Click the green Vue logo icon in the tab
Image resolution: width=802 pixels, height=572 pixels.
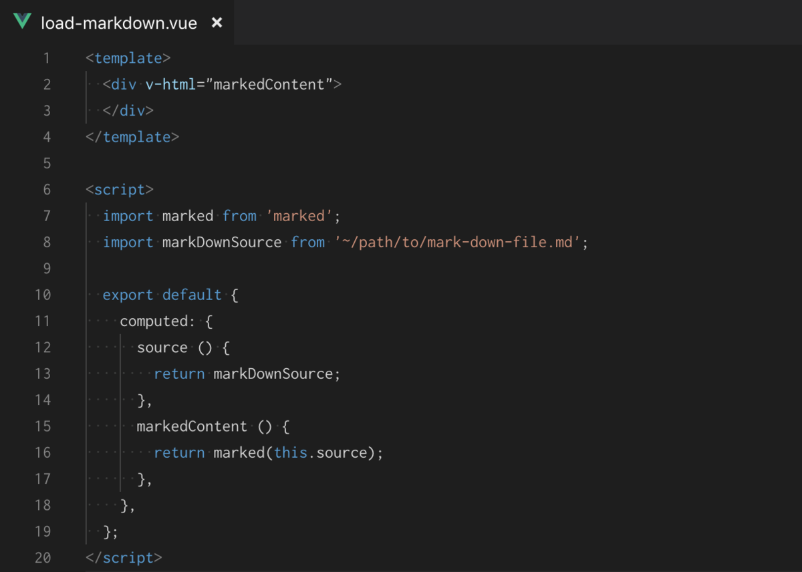pyautogui.click(x=22, y=22)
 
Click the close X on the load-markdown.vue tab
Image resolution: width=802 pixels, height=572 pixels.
pyautogui.click(x=217, y=23)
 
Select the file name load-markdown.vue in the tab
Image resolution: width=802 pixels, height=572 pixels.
pyautogui.click(x=119, y=23)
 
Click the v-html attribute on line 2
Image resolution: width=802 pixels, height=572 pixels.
pyautogui.click(x=170, y=85)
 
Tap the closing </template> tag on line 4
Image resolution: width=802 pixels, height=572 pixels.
pyautogui.click(x=132, y=137)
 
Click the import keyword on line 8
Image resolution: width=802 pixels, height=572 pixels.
pyautogui.click(x=128, y=242)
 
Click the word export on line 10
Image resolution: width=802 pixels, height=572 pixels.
pyautogui.click(x=128, y=295)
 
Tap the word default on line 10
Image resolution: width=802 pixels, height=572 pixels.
pyautogui.click(x=192, y=295)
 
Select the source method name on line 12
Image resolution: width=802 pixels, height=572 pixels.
pyautogui.click(x=162, y=347)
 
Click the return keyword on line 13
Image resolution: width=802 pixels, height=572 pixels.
pyautogui.click(x=179, y=374)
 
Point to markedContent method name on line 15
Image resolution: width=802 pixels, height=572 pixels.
pyautogui.click(x=192, y=426)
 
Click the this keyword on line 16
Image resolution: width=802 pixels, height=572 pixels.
pyautogui.click(x=291, y=452)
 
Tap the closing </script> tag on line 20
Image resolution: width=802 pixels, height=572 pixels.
pyautogui.click(x=124, y=557)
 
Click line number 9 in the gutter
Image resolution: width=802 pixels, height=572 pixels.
pyautogui.click(x=46, y=269)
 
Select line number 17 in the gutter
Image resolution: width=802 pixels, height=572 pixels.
pyautogui.click(x=43, y=478)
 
